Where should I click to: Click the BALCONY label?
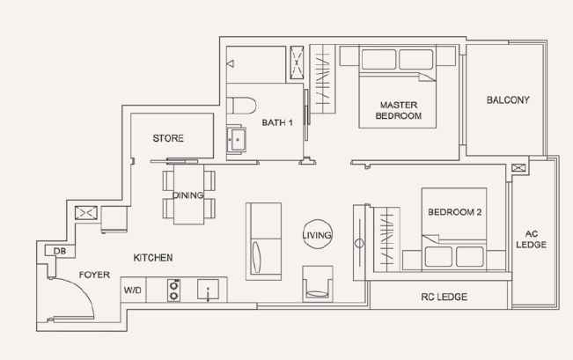[x=508, y=99]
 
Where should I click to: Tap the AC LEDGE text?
[x=531, y=239]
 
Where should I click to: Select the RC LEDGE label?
[x=444, y=297]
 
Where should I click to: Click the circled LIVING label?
[x=317, y=235]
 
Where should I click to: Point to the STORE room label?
[x=168, y=138]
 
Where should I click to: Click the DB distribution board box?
[x=60, y=251]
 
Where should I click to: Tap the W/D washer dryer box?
[x=133, y=290]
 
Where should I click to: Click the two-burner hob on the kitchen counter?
[x=174, y=290]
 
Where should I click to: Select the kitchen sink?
[x=208, y=290]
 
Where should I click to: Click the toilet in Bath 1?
[x=241, y=106]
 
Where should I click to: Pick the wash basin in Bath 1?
[x=237, y=139]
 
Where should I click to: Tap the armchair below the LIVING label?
[x=318, y=283]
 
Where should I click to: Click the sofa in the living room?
[x=263, y=241]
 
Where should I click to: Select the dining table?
[x=188, y=194]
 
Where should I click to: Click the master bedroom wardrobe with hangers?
[x=323, y=79]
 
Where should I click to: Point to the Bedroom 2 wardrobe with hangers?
[x=386, y=239]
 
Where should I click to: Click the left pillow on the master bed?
[x=378, y=59]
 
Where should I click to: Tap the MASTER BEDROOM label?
[x=399, y=110]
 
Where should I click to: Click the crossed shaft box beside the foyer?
[x=86, y=213]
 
